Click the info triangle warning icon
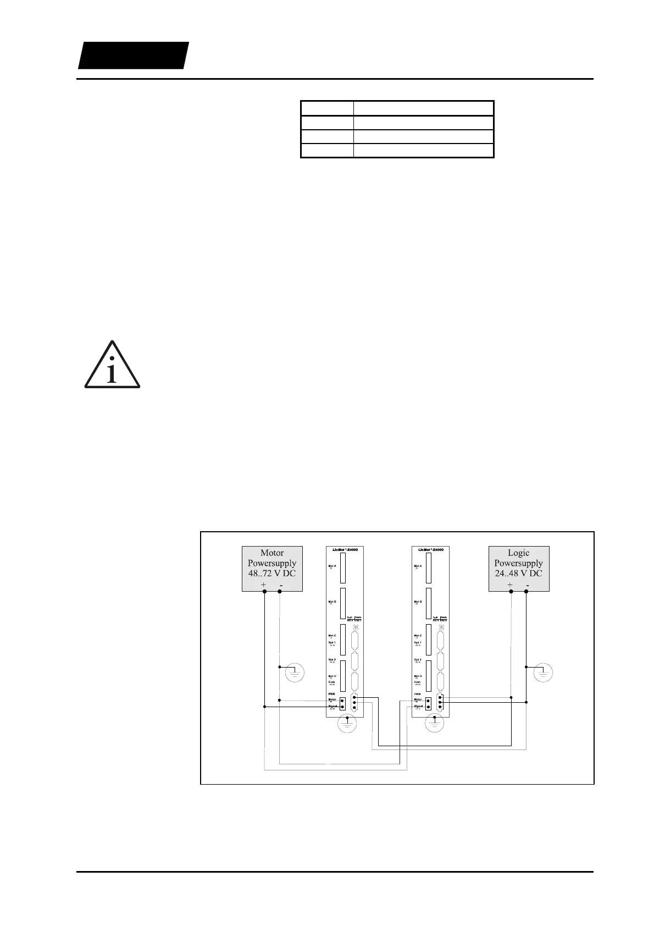112,366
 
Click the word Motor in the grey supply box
272,553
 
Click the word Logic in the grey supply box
518,553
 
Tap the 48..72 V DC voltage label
272,573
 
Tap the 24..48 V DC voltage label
518,573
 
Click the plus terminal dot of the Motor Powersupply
264,592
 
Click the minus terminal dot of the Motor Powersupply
280,592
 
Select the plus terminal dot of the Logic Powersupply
511,592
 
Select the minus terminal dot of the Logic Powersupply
526,592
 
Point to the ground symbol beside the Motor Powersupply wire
295,672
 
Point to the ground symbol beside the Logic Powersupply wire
543,672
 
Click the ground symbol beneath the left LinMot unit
345,724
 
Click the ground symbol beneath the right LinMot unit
436,724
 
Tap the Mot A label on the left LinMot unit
332,566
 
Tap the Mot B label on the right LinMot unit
418,602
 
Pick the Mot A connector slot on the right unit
428,568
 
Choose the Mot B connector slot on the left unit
342,604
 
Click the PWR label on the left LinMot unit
332,694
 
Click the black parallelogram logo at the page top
133,55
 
